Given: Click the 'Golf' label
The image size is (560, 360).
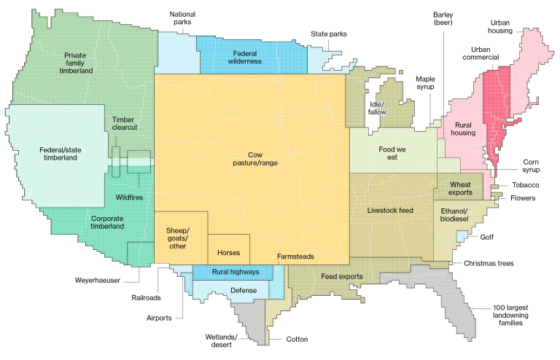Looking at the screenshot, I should tap(486, 237).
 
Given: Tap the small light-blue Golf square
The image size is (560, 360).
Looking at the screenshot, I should tap(462, 236).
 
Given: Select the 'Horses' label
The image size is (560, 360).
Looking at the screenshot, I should tap(228, 253).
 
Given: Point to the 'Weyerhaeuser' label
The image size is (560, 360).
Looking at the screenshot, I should tap(97, 279).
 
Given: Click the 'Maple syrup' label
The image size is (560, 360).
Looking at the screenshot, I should tap(424, 82).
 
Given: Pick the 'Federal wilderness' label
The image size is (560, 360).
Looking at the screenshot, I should tap(249, 58).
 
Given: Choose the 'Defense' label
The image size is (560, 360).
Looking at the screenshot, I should tap(244, 290).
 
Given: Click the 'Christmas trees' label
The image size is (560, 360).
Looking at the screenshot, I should tap(494, 263).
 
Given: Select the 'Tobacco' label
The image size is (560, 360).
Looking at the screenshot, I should tap(524, 185).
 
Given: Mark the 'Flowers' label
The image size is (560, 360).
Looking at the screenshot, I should tap(522, 197).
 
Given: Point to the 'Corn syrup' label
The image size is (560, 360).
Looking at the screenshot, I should tap(531, 166).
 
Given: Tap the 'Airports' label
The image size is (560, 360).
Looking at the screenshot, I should tap(160, 318).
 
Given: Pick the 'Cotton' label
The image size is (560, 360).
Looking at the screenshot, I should tap(297, 339).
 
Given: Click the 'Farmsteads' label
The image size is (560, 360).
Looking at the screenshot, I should tap(295, 257).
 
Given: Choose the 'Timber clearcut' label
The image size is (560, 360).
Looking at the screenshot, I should tap(123, 123).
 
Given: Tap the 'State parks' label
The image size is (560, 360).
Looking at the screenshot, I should tap(329, 34).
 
